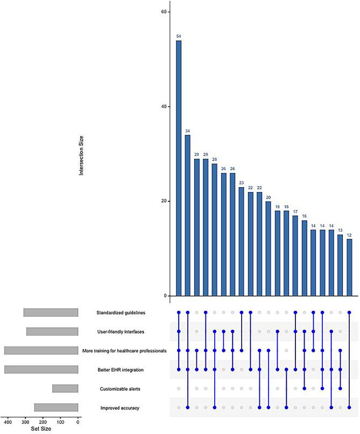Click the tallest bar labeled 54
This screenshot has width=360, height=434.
[x=179, y=168]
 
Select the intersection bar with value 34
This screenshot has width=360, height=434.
[x=188, y=215]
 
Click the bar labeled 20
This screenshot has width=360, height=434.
[x=269, y=248]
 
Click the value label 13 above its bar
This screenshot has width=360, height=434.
[x=340, y=229]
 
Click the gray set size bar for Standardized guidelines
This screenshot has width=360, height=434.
[x=51, y=312]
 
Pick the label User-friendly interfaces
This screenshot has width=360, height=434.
[x=120, y=332]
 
